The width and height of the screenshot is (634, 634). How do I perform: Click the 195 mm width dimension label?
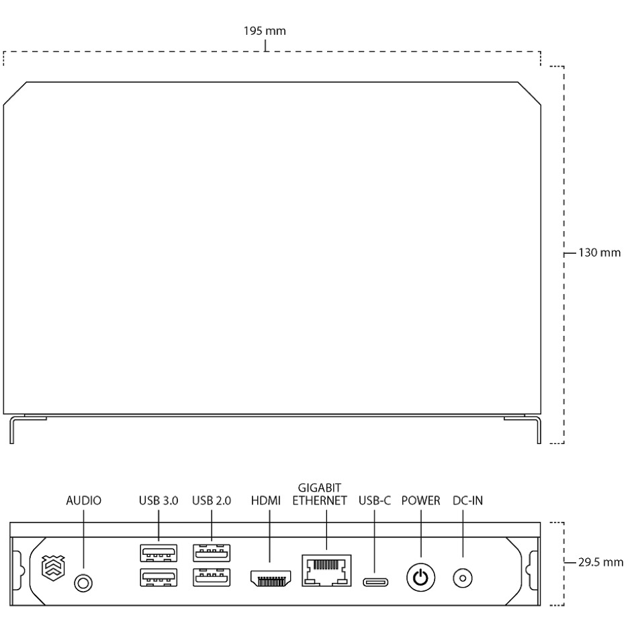265,31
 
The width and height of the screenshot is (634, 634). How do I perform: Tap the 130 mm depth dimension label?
599,253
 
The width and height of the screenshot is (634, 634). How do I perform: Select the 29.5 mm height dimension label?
600,562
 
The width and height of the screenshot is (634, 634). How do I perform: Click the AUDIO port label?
84,500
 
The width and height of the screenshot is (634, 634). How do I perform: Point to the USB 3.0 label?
158,500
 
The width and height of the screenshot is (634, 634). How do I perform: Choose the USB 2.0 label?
212,500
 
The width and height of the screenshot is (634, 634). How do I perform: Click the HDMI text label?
266,500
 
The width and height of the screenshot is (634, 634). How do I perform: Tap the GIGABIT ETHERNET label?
320,494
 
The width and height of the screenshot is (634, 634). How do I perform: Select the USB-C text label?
375,500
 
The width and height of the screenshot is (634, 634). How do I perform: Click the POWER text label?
420,500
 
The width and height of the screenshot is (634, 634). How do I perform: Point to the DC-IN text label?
467,500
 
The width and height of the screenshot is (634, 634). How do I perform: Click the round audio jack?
83,583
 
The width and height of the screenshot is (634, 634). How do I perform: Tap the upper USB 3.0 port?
158,553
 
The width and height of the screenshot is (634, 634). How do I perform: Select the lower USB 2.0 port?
212,578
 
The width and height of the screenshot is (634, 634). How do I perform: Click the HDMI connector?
271,578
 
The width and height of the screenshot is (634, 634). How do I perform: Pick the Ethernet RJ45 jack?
326,570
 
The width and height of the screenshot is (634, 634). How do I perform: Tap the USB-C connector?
375,582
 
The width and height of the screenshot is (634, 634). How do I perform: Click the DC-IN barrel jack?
463,578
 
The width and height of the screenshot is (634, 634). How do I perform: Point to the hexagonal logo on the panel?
53,568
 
